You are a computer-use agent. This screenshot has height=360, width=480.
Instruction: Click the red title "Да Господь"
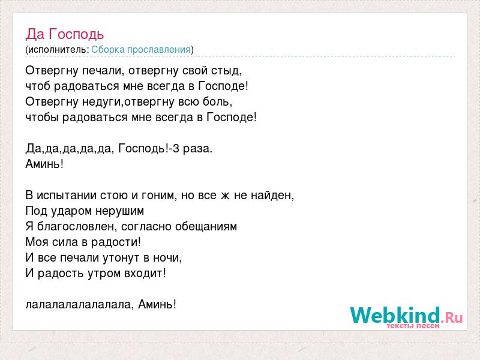click(65, 34)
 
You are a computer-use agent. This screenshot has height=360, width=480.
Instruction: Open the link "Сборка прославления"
click(141, 50)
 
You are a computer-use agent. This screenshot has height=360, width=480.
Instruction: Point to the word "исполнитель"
click(58, 50)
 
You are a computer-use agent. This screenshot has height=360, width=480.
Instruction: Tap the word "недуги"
click(101, 101)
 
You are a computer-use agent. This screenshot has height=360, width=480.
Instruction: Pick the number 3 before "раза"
click(176, 148)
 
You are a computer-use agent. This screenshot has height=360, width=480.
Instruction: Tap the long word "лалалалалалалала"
click(79, 305)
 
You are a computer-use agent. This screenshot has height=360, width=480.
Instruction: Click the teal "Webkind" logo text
click(395, 315)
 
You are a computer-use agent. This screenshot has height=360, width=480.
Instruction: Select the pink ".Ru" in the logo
click(452, 317)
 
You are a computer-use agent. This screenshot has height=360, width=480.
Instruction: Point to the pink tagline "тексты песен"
click(413, 326)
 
